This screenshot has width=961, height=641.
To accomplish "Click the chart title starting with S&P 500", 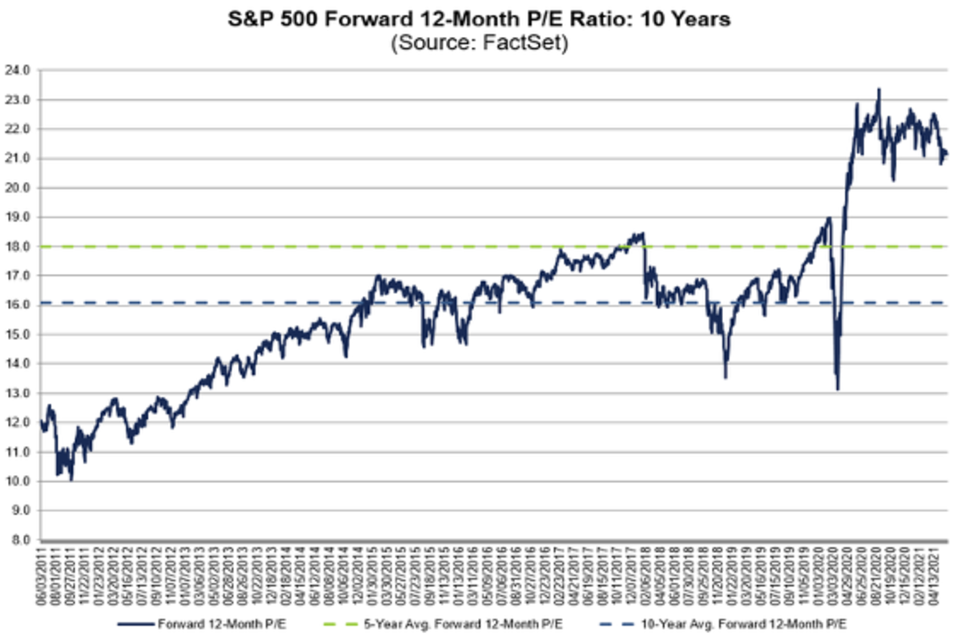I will pos(480,19).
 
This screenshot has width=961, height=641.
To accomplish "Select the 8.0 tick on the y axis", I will pos(20,540).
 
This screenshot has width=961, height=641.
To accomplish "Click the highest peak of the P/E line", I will pos(879,90).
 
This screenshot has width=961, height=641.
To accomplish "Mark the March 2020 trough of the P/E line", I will pos(837,389).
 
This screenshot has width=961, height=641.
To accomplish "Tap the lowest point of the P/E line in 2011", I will pos(72,479).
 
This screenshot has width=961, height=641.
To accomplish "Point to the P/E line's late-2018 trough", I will pos(726,377).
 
